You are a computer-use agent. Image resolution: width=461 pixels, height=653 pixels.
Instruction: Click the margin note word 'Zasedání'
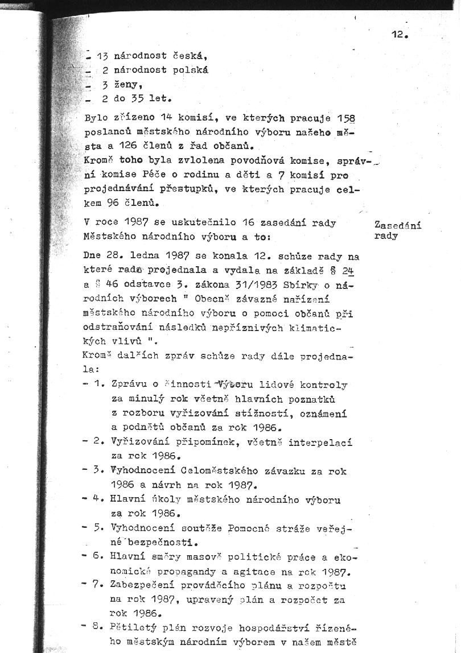point(398,225)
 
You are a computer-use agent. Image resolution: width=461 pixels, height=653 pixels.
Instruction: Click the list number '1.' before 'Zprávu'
point(100,385)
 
